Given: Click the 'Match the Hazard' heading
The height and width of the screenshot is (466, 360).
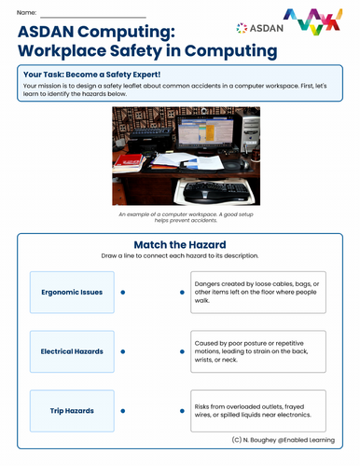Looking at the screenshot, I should point(179,245).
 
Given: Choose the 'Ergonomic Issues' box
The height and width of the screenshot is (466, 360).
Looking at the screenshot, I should point(72,292).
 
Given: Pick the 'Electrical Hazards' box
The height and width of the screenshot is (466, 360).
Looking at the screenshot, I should point(72,351).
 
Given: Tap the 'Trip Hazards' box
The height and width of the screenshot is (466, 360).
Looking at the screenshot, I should point(72,410).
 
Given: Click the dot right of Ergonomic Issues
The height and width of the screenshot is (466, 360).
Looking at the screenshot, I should point(123,292).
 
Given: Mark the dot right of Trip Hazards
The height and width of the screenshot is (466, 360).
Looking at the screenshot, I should point(123,410).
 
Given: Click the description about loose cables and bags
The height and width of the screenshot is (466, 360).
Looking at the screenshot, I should point(257,292).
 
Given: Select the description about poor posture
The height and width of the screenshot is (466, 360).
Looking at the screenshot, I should point(257,351).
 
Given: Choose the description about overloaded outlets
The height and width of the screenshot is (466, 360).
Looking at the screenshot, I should point(257,410).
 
